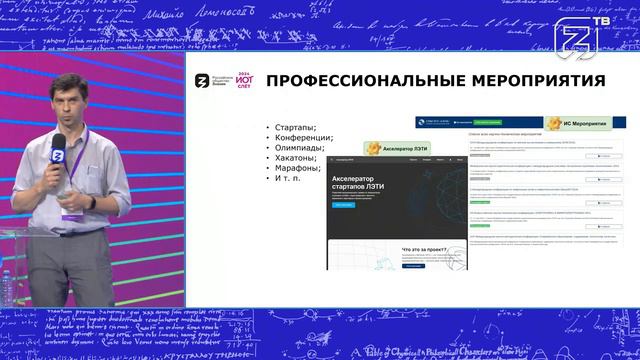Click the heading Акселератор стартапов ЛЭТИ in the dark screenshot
click(363, 186)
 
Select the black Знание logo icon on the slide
click(201, 83)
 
